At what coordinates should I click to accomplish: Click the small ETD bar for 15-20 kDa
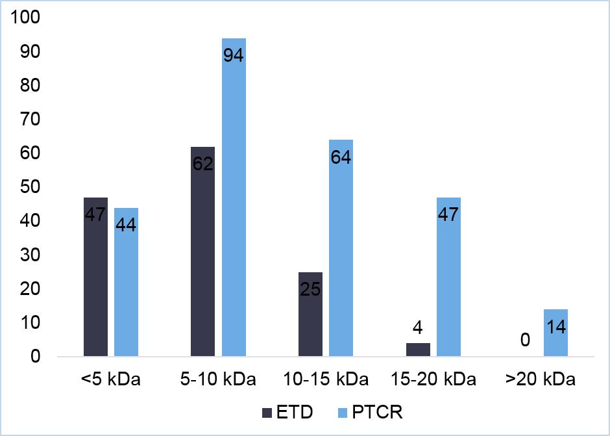click(418, 350)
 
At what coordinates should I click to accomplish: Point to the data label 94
click(233, 56)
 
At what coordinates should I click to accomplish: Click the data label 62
click(203, 162)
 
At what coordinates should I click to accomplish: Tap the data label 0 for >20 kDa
click(525, 340)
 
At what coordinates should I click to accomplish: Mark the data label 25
click(310, 289)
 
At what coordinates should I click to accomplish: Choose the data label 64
click(341, 157)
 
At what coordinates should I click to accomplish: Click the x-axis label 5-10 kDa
click(218, 379)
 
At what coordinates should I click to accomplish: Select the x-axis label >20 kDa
click(540, 379)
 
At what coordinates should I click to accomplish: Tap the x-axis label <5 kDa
click(110, 379)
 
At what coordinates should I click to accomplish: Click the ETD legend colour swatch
click(268, 413)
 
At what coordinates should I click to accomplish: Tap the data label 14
click(555, 326)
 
